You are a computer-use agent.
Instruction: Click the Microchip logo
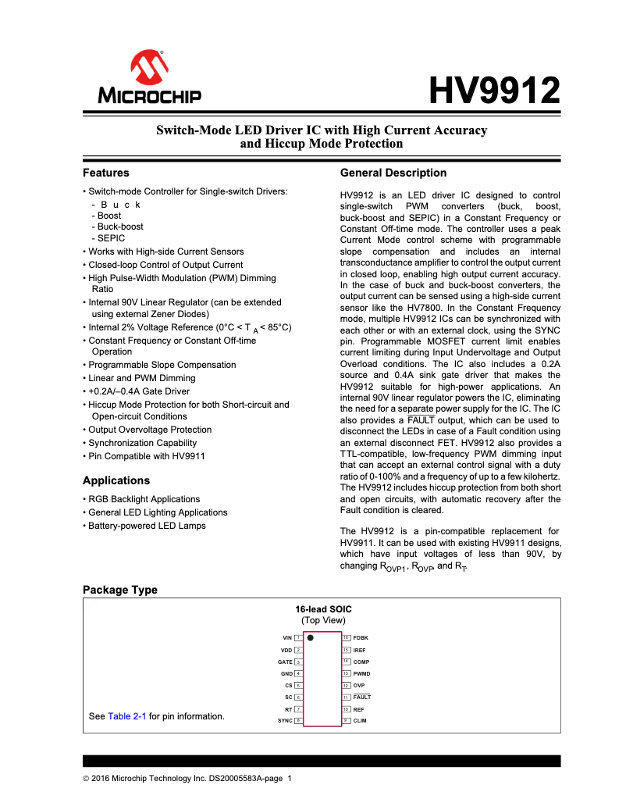[149, 78]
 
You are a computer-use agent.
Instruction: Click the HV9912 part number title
[495, 91]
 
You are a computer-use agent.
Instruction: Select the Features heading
[106, 173]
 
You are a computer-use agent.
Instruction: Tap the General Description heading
[393, 173]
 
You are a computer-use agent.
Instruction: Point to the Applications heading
[116, 480]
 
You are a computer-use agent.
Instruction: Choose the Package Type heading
[119, 590]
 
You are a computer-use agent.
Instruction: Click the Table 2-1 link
[127, 716]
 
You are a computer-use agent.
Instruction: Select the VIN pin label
[286, 638]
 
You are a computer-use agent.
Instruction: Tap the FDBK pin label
[361, 638]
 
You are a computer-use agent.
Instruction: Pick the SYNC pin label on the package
[285, 720]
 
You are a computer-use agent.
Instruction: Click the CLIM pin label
[360, 720]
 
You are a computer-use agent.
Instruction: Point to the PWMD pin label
[361, 673]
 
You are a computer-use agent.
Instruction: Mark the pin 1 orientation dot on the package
[311, 638]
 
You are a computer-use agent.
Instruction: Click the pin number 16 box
[346, 638]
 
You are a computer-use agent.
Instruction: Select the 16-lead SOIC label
[322, 608]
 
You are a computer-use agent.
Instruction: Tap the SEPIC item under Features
[111, 238]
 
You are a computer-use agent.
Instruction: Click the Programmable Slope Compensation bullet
[162, 365]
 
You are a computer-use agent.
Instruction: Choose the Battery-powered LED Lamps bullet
[147, 526]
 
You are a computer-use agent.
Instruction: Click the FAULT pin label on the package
[362, 697]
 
